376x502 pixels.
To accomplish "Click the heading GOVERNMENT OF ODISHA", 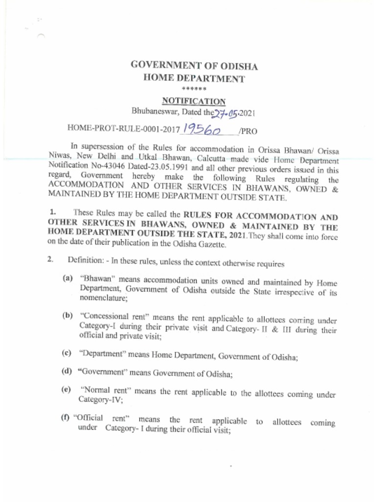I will pos(194,66).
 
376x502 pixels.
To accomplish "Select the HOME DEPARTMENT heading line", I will pos(194,78).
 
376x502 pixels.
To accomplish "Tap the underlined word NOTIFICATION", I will pos(194,101).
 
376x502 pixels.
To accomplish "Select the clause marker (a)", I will pos(68,278).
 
